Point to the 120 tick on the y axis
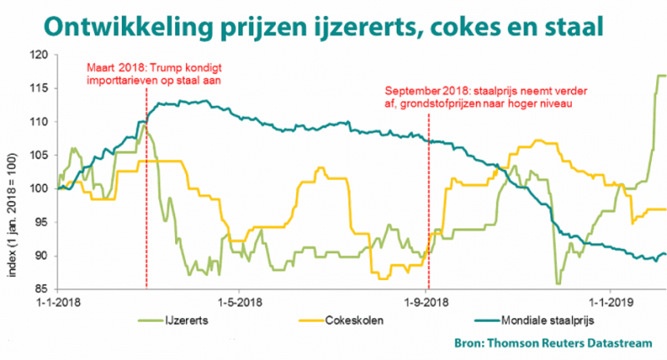[39, 55]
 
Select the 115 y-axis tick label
[39, 88]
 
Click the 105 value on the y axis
[39, 155]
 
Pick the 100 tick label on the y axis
[39, 188]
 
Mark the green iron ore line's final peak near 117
[659, 76]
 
